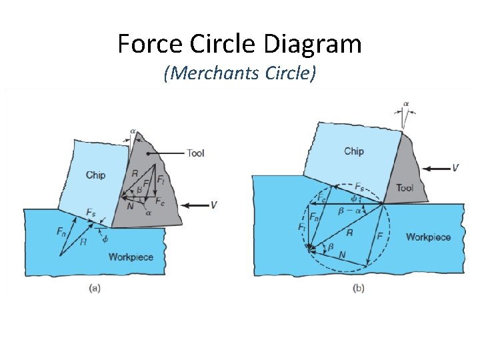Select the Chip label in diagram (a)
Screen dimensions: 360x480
(x=95, y=175)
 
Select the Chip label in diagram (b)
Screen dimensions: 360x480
(x=353, y=151)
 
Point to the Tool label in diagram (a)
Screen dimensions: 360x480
(x=195, y=153)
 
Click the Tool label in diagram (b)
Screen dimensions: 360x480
(x=405, y=188)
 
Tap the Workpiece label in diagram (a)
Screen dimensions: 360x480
(x=131, y=257)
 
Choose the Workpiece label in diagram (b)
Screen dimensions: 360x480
(x=428, y=237)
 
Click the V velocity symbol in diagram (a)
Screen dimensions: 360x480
(x=213, y=205)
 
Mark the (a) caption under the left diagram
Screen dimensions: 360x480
(x=95, y=288)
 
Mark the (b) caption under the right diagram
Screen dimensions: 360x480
(x=358, y=288)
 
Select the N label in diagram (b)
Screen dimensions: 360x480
(x=341, y=255)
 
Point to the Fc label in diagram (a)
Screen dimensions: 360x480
(x=160, y=201)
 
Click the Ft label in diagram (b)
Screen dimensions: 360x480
(x=302, y=227)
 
